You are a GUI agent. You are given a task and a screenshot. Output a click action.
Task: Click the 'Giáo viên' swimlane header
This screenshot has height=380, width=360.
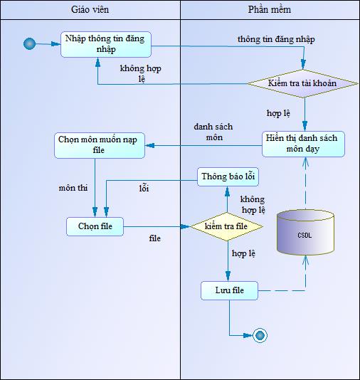90,10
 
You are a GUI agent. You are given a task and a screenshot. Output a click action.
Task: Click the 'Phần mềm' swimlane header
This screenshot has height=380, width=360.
270,10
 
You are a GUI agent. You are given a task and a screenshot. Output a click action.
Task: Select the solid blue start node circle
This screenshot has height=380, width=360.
30,44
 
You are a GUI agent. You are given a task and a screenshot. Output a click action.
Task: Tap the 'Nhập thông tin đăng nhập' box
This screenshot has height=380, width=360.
106,44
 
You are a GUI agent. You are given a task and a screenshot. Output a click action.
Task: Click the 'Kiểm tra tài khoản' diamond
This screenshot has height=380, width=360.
302,83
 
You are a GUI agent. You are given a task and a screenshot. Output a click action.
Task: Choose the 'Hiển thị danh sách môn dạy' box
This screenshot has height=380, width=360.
303,144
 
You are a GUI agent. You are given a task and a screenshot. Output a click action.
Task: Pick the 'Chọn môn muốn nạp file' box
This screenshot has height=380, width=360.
100,145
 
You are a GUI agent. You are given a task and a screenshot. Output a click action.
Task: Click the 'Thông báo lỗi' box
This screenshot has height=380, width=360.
228,176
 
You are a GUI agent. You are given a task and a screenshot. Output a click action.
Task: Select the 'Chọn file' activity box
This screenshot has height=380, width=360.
95,226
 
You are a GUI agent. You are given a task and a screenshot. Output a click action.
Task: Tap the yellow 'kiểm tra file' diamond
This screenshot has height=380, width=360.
226,226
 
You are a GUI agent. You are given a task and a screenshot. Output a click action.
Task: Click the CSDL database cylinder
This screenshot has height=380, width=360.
305,233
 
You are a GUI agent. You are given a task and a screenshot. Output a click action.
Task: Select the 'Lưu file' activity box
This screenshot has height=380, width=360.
229,290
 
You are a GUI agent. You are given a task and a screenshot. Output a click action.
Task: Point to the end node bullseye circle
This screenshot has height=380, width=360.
260,336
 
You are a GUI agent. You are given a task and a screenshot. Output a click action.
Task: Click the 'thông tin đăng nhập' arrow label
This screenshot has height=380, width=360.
276,40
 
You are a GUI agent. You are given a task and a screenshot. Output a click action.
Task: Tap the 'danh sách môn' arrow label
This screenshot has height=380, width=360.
213,132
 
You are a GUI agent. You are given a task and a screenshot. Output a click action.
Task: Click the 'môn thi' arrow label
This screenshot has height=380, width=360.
73,188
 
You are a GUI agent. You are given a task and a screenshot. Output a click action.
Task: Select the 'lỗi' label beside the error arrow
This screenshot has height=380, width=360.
144,188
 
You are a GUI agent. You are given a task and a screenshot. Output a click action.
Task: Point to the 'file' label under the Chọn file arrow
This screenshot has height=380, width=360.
155,238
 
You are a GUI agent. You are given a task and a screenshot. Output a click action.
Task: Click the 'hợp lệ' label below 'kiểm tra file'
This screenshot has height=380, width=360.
243,253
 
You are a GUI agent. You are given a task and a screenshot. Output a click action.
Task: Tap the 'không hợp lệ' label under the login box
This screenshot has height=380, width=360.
140,73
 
